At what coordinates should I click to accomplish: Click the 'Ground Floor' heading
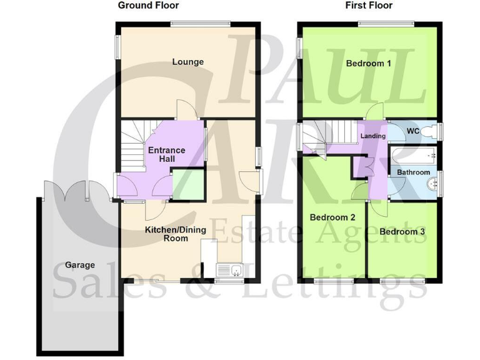(x=148, y=6)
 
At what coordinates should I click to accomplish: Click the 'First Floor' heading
(x=369, y=6)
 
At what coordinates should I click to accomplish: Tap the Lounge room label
(x=188, y=62)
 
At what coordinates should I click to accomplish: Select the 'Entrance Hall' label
(x=166, y=154)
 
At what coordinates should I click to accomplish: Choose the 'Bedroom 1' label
(x=369, y=63)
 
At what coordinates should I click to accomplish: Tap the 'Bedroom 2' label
(x=332, y=217)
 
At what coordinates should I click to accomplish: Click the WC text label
(x=412, y=131)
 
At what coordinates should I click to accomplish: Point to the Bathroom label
(x=413, y=172)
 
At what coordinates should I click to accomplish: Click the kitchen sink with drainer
(x=230, y=270)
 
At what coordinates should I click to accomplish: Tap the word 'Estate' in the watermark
(x=243, y=232)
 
